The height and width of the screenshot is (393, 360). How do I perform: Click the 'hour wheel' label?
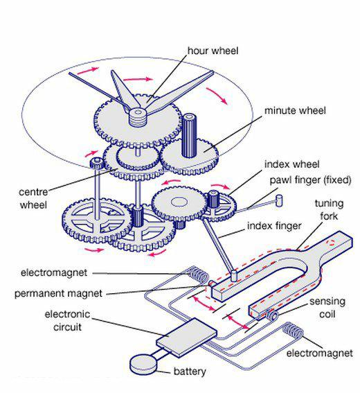[x=213, y=51]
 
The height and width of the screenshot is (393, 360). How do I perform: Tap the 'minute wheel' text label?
[x=295, y=110]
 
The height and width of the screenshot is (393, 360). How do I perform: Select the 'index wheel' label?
[x=292, y=164]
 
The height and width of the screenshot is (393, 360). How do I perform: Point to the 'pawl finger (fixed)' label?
[x=310, y=180]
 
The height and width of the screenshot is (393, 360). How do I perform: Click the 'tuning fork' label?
[x=329, y=210]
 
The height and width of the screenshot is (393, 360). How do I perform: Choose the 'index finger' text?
[x=274, y=226]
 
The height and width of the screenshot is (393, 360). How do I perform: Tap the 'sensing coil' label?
[x=327, y=308]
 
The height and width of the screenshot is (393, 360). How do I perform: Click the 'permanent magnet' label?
[x=58, y=293]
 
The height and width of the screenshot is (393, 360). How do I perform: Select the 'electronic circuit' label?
[x=67, y=320]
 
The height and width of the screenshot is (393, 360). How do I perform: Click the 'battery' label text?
[x=190, y=372]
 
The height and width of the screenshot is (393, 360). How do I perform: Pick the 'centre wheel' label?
[x=33, y=198]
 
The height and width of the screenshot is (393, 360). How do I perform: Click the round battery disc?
[x=143, y=365]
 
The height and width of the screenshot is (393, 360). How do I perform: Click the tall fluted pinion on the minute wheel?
[x=189, y=136]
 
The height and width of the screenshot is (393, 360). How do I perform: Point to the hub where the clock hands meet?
[x=138, y=116]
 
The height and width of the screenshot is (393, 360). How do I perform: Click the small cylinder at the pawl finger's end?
[x=279, y=201]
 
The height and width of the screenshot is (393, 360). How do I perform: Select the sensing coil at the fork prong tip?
[x=271, y=316]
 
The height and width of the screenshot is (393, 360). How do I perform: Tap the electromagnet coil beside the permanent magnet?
[x=198, y=274]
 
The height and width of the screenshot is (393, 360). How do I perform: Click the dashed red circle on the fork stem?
[x=331, y=243]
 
